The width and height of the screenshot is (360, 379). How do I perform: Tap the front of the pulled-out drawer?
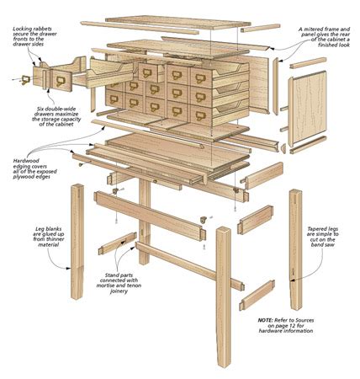62,79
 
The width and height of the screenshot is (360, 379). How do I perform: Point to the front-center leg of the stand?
223,295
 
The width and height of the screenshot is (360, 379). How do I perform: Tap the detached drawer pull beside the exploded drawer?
24,80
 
